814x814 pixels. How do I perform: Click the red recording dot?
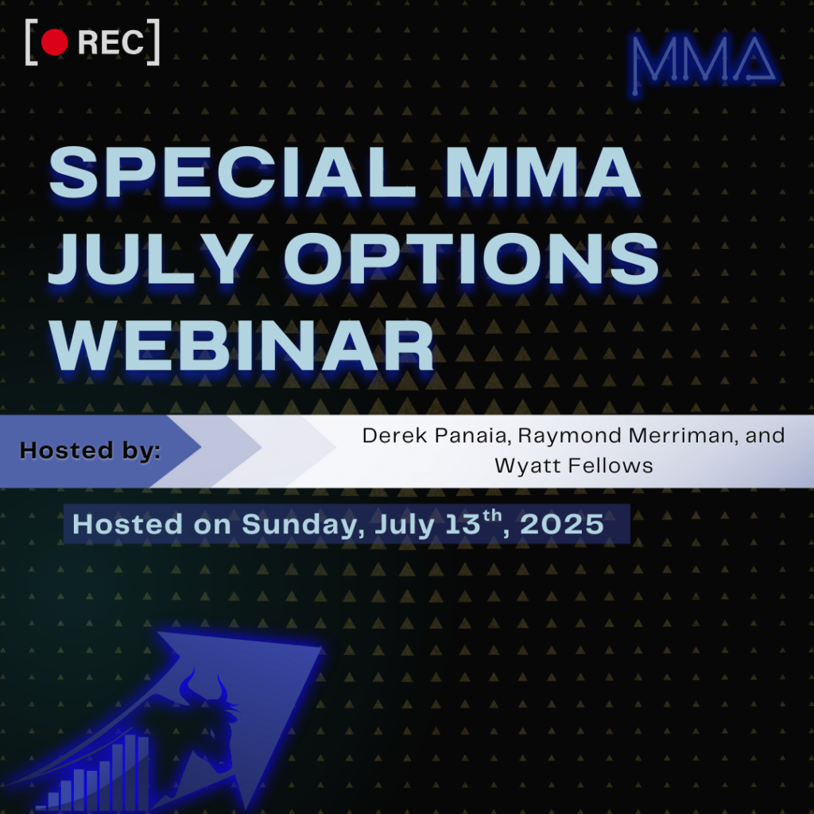[x=55, y=43]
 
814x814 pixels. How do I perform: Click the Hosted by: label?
[x=90, y=451]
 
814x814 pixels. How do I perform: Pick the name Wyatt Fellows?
[x=573, y=466]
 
